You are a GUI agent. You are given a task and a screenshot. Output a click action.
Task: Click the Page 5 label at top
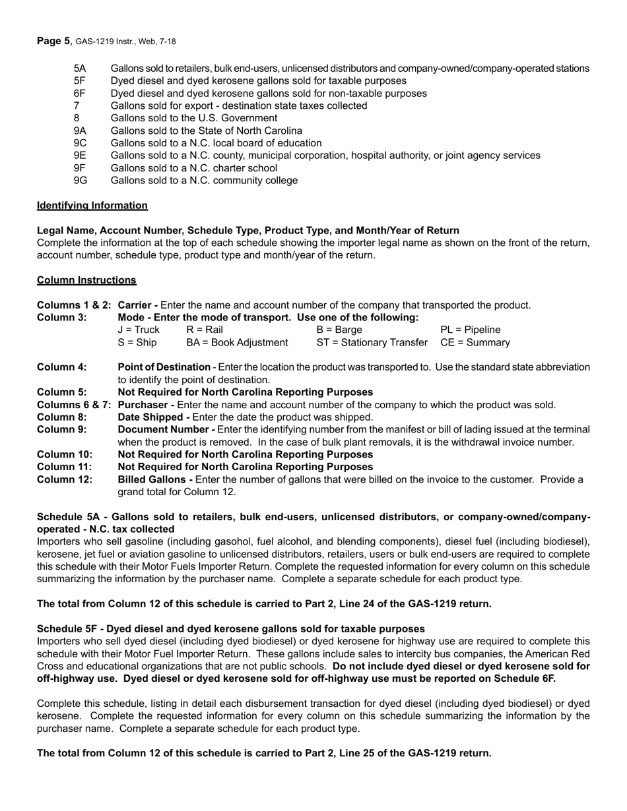53,41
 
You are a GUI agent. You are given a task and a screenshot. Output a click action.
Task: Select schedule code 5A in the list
79,69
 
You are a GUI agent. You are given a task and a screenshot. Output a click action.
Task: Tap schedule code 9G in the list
81,181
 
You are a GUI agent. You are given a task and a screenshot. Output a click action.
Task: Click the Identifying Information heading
92,206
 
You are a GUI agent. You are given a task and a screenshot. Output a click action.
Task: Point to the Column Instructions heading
86,280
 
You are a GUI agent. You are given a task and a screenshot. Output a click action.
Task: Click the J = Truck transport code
139,330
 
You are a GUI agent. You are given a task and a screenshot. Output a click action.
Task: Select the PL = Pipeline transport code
470,330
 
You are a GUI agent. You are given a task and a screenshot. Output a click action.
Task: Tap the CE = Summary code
475,343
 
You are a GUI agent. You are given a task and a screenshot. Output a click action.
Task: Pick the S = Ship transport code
137,343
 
